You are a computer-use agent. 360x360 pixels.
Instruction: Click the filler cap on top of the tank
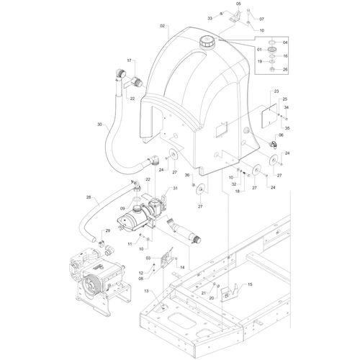(206, 42)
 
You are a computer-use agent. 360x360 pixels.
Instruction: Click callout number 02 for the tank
(163, 26)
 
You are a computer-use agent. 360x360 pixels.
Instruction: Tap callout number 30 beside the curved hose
(99, 125)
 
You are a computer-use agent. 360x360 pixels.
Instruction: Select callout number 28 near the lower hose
(89, 197)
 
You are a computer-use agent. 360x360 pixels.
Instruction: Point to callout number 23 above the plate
(276, 91)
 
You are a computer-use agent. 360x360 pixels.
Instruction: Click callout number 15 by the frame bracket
(250, 284)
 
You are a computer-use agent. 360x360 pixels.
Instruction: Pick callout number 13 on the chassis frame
(146, 291)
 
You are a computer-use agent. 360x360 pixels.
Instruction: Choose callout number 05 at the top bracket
(238, 4)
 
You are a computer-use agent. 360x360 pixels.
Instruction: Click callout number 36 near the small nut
(187, 175)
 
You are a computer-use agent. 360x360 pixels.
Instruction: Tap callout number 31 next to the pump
(175, 189)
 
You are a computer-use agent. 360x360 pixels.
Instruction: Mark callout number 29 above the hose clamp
(108, 230)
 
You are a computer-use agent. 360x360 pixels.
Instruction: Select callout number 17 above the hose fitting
(130, 60)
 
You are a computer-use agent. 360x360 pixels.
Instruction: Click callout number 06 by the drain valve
(281, 135)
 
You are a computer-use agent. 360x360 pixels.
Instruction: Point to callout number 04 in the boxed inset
(285, 42)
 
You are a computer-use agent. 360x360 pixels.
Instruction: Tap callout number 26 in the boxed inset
(285, 70)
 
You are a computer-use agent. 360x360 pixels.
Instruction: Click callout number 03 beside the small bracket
(148, 258)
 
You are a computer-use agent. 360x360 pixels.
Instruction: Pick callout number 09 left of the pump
(122, 209)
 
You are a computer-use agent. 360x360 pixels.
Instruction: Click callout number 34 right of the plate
(287, 108)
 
